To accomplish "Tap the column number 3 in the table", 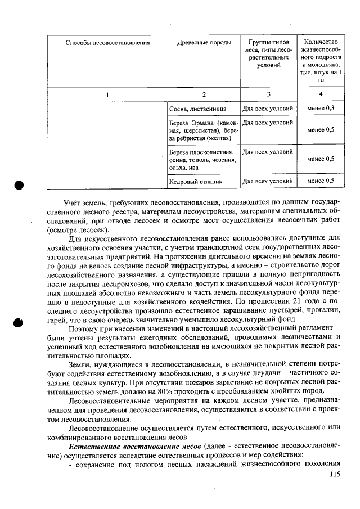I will pyautogui.click(x=268, y=94).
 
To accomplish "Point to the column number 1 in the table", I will pyautogui.click(x=107, y=94).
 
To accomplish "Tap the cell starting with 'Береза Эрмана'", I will pyautogui.click(x=204, y=130).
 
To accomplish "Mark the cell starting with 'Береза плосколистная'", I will pyautogui.click(x=204, y=159).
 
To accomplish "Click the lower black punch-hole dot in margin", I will pyautogui.click(x=20, y=323).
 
